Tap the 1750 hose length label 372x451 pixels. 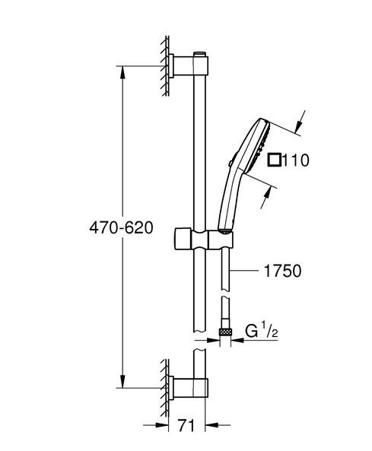tap(282, 270)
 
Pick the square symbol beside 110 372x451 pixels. tap(275, 160)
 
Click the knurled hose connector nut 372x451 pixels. tap(225, 332)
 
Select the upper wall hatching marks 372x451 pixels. tap(164, 65)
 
